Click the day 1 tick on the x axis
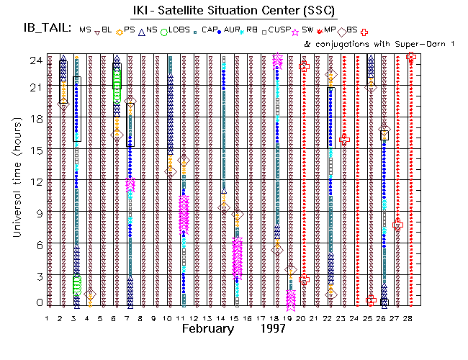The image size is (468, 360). click(48, 317)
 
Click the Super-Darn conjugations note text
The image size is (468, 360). click(366, 44)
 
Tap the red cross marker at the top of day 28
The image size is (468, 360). click(410, 56)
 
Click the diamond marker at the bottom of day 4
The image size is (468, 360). click(89, 294)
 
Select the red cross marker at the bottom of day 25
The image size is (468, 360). click(371, 300)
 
